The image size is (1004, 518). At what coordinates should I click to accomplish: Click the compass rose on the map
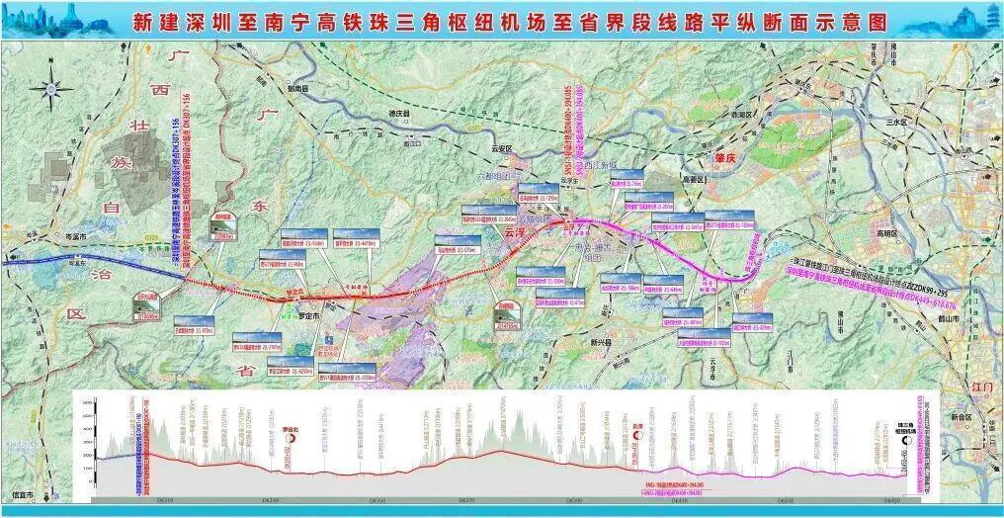coord(46,90)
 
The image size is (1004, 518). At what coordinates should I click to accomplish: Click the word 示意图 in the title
coord(841,21)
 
